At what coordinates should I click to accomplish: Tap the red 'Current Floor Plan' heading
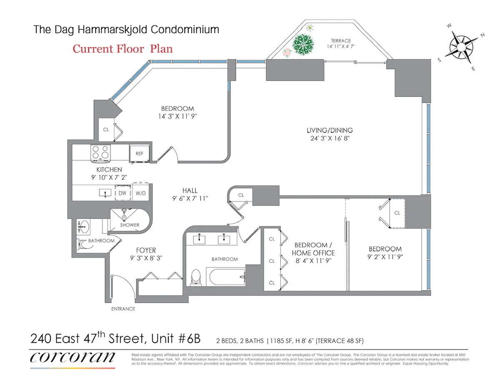click(122, 48)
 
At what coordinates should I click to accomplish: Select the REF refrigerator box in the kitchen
click(139, 153)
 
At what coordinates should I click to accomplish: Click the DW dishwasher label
click(122, 193)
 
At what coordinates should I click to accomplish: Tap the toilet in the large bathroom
click(195, 278)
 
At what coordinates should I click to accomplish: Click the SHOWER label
click(130, 225)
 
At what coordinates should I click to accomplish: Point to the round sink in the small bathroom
click(83, 228)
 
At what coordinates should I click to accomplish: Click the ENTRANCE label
click(123, 309)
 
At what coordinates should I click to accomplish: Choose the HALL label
click(190, 191)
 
